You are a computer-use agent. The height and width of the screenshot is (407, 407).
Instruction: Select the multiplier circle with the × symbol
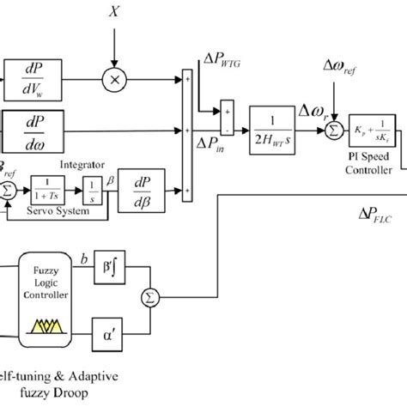click(x=114, y=79)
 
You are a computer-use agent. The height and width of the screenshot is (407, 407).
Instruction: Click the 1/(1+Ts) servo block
click(x=43, y=185)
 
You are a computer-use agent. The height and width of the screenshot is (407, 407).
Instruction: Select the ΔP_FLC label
click(x=374, y=217)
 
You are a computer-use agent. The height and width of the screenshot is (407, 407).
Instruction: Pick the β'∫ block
click(x=107, y=272)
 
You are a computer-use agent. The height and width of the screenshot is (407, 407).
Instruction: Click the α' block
click(x=107, y=327)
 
